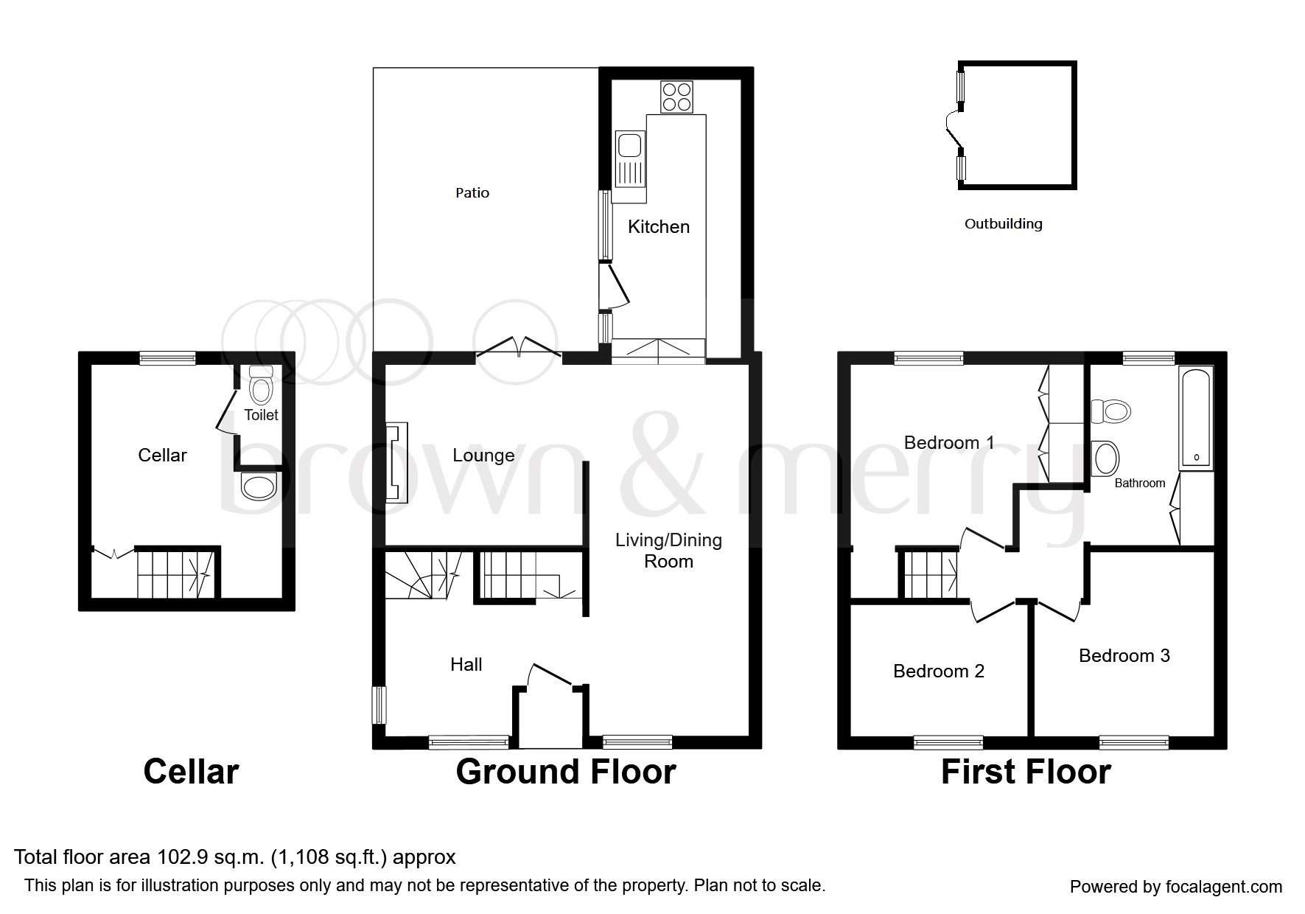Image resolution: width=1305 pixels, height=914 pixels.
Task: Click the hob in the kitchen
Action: pyautogui.click(x=676, y=96)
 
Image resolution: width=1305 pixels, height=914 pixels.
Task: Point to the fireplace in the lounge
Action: pyautogui.click(x=396, y=462)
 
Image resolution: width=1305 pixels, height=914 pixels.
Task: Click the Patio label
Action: pyautogui.click(x=472, y=192)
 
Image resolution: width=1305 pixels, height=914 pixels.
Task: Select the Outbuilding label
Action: pyautogui.click(x=1003, y=223)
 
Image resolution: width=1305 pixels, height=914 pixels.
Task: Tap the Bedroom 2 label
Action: pyautogui.click(x=938, y=671)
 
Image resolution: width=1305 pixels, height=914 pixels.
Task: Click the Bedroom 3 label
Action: pyautogui.click(x=1124, y=655)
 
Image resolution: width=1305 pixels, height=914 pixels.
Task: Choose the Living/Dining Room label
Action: pyautogui.click(x=668, y=550)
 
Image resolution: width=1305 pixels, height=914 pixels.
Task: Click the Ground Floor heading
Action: pyautogui.click(x=565, y=772)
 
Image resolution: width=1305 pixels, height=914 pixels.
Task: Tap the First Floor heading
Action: pyautogui.click(x=1025, y=772)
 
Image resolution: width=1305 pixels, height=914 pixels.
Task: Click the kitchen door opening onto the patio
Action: pyautogui.click(x=614, y=286)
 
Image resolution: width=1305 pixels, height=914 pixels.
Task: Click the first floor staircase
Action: pyautogui.click(x=930, y=574)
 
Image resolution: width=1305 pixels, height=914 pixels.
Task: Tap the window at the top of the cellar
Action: pyautogui.click(x=168, y=358)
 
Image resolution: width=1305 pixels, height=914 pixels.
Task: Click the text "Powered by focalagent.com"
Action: pyautogui.click(x=1175, y=887)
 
